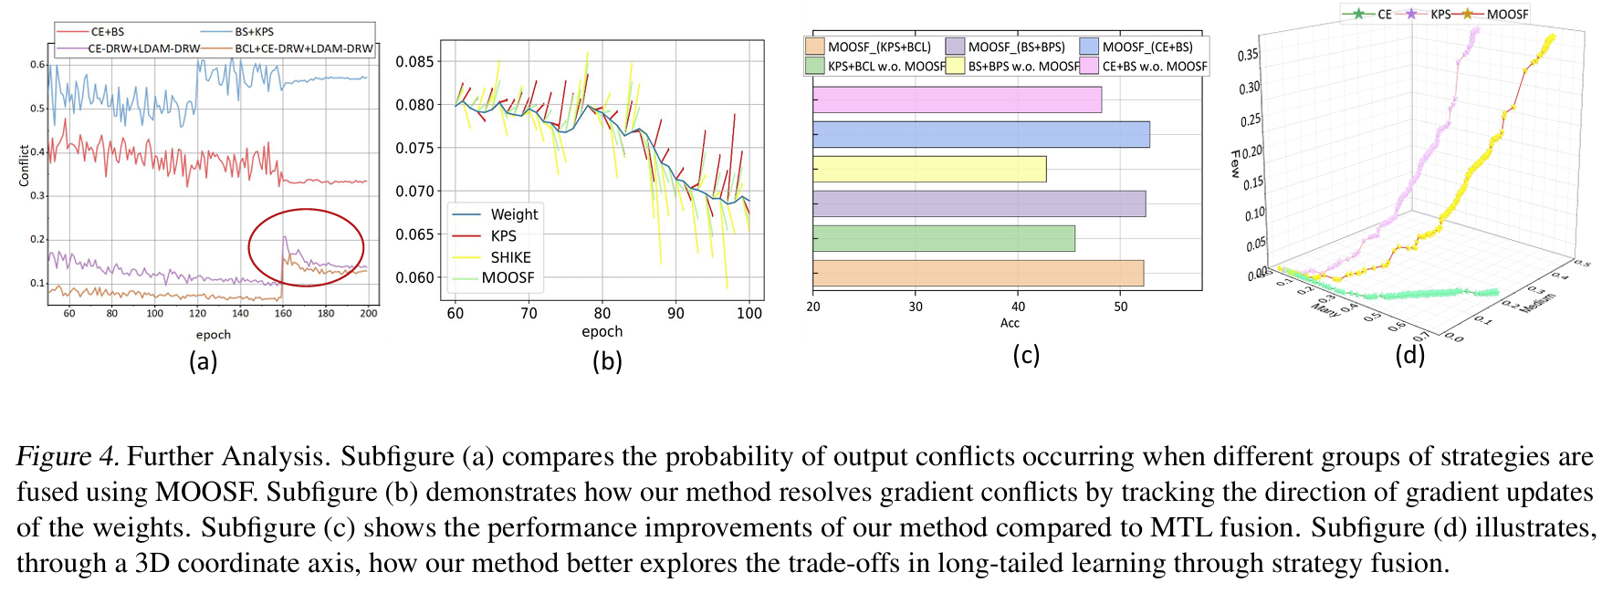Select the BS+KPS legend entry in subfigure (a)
tap(254, 32)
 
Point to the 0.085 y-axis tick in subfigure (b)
tap(414, 62)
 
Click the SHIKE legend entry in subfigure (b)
tap(510, 257)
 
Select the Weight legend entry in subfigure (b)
tap(514, 214)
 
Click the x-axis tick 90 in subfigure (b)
tap(675, 314)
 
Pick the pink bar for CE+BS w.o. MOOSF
tap(957, 99)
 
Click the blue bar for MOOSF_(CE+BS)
tap(980, 134)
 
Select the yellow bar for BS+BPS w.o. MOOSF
tap(929, 169)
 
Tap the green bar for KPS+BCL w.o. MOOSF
tap(943, 238)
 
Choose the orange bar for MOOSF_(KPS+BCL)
tap(978, 273)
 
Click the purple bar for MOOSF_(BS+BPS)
tap(979, 203)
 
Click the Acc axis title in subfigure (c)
tap(1010, 323)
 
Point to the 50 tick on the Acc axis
tap(1121, 307)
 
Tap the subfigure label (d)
tap(1409, 354)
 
